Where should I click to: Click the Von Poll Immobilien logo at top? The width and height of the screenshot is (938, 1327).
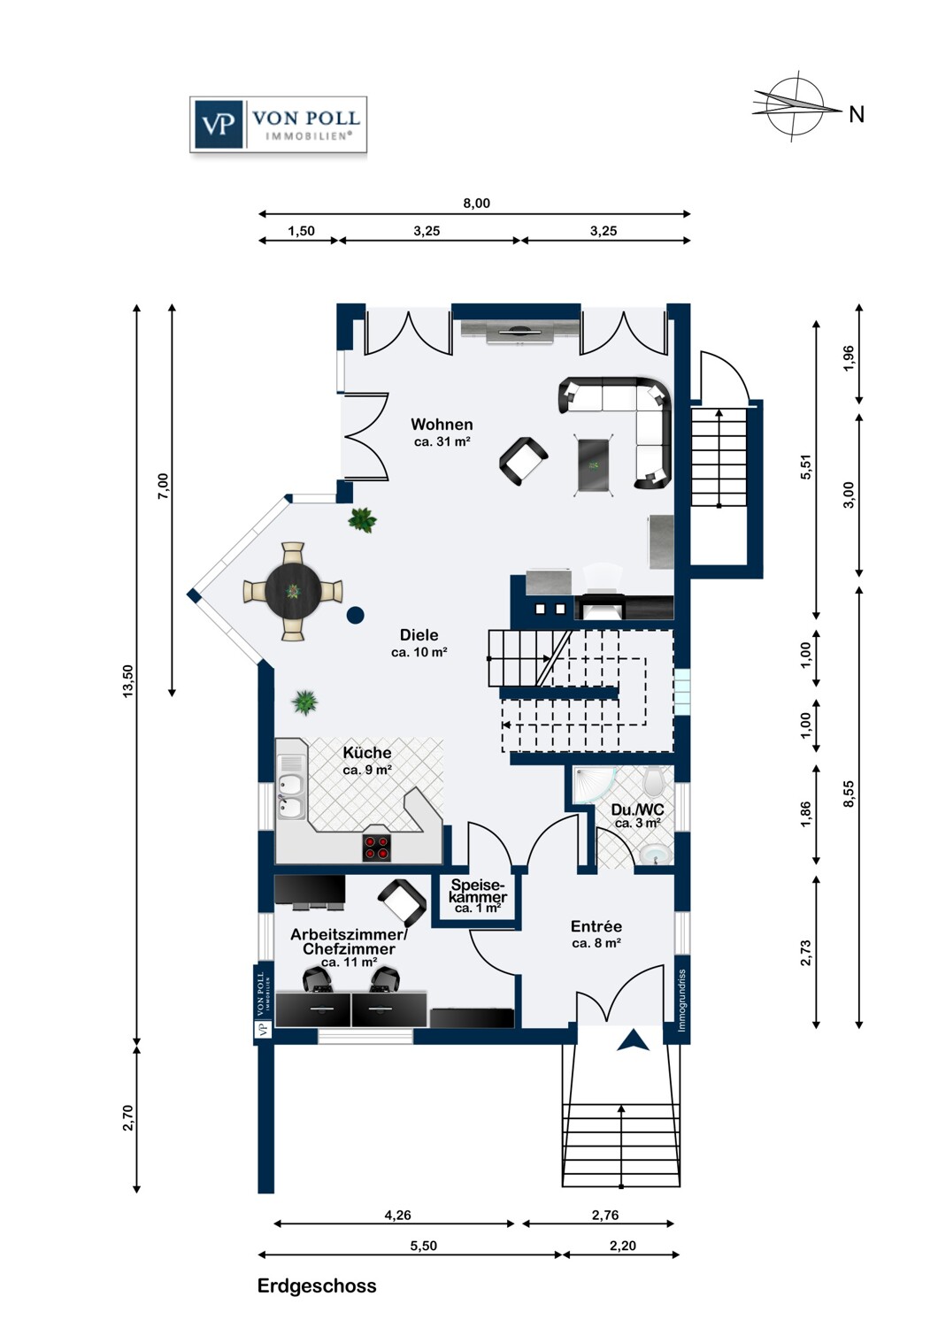[x=278, y=125]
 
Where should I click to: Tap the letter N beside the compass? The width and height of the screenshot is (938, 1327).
[x=857, y=114]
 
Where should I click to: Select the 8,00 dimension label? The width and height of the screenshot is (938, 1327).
[x=476, y=203]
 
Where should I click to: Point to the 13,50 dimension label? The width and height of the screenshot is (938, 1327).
[x=128, y=680]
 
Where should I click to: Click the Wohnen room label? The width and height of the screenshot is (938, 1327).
[x=442, y=424]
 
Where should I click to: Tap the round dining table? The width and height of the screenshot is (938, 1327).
[x=293, y=591]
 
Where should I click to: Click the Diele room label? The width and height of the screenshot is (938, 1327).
[x=419, y=635]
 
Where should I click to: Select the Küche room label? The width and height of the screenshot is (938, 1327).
[x=367, y=752]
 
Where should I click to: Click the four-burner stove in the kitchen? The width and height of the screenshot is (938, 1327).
[x=377, y=848]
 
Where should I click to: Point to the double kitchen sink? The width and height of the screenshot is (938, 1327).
[x=289, y=794]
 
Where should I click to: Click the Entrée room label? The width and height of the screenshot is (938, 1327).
[x=596, y=926]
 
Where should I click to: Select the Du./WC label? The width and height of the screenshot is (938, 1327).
[x=638, y=809]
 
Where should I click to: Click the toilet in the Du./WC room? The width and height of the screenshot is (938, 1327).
[x=653, y=781]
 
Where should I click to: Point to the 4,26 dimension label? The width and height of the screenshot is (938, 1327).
[x=397, y=1215]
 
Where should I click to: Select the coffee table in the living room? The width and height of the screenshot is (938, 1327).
[x=594, y=465]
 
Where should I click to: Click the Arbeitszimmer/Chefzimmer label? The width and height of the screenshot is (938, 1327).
[x=350, y=941]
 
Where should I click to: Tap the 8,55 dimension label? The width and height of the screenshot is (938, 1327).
[x=850, y=794]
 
